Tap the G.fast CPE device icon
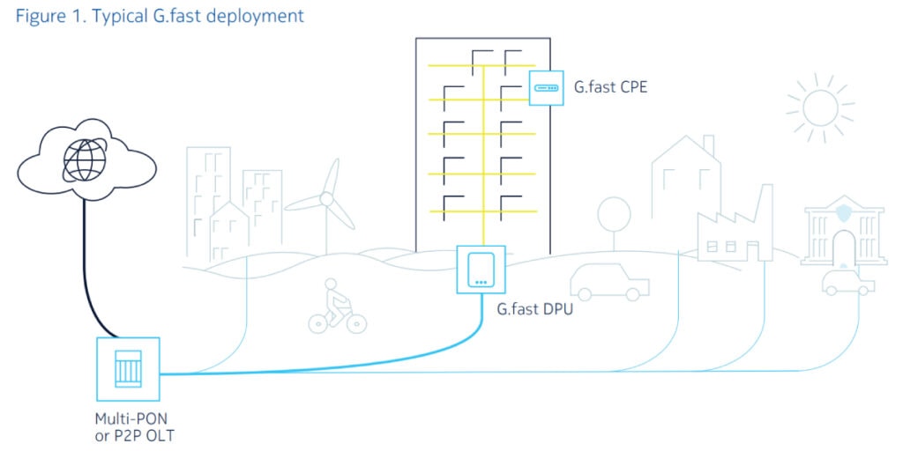[546, 88]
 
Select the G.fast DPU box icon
[481, 270]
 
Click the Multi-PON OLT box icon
[129, 367]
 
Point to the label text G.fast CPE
[610, 87]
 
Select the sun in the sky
[820, 107]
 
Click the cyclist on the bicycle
[336, 306]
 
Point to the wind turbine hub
[327, 200]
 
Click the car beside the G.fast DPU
[609, 280]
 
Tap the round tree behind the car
[614, 214]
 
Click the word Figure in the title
[39, 15]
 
